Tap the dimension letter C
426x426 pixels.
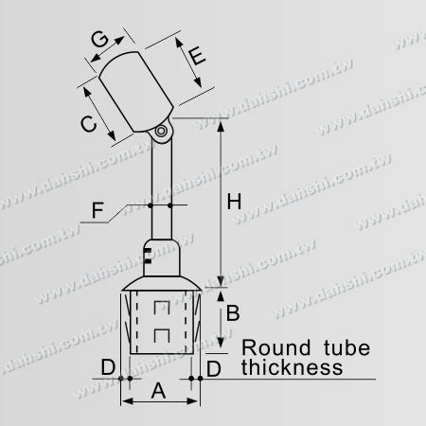coord(84,121)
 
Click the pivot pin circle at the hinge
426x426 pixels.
coord(163,130)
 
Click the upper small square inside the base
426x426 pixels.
coord(161,309)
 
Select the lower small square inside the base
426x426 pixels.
coord(161,333)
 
